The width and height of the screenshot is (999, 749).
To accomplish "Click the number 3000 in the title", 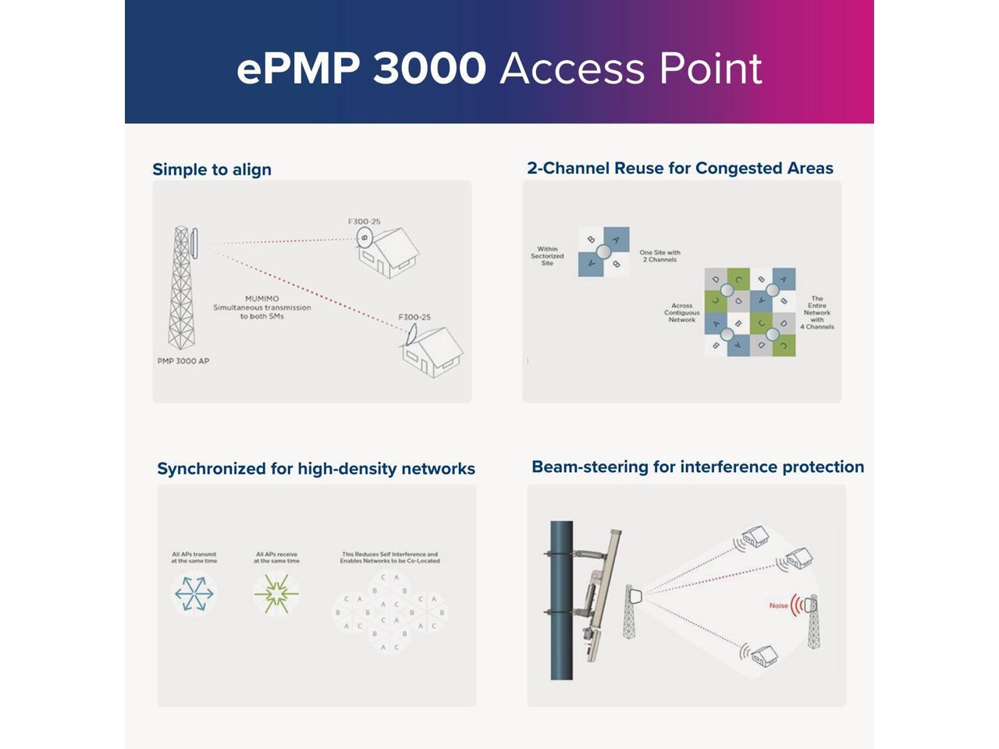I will pyautogui.click(x=429, y=69).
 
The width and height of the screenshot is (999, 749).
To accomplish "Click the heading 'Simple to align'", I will pyautogui.click(x=212, y=169).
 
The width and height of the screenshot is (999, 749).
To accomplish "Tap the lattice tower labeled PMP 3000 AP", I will pyautogui.click(x=181, y=289).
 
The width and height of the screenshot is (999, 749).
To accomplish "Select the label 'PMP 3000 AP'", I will pyautogui.click(x=183, y=361).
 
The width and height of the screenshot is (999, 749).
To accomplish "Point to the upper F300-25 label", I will pyautogui.click(x=364, y=222).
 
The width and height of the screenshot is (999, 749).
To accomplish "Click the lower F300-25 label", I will pyautogui.click(x=414, y=317).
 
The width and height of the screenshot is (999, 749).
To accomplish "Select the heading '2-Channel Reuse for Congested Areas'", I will pyautogui.click(x=680, y=168).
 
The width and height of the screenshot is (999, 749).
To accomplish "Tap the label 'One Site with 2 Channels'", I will pyautogui.click(x=660, y=256).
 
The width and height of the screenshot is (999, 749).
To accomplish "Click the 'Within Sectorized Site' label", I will pyautogui.click(x=547, y=256).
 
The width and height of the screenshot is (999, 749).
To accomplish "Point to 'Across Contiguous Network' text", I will pyautogui.click(x=681, y=313).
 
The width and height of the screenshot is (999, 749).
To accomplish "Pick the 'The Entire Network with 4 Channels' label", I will pyautogui.click(x=817, y=312).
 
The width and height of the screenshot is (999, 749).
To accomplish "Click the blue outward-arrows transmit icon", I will pyautogui.click(x=194, y=594).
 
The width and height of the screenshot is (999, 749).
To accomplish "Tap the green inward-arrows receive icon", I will pyautogui.click(x=276, y=594).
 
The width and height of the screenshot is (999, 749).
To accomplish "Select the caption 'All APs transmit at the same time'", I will pyautogui.click(x=194, y=557).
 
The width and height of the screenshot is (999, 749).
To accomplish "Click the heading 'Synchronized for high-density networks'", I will pyautogui.click(x=316, y=468).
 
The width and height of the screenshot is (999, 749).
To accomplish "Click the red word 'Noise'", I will pyautogui.click(x=778, y=605).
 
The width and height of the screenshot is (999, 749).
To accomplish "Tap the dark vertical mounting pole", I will pyautogui.click(x=562, y=601).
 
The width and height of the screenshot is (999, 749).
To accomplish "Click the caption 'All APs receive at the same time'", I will pyautogui.click(x=276, y=557).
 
